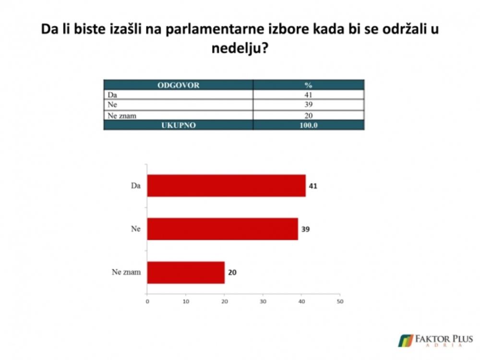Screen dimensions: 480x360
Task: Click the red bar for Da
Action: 227,185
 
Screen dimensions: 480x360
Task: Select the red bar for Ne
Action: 223,229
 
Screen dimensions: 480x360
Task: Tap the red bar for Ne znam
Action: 186,273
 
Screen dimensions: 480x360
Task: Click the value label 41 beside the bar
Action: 313,186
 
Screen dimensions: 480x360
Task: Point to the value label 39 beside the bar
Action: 305,229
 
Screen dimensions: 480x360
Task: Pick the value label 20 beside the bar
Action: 232,273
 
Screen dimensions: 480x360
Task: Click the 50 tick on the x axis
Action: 340,301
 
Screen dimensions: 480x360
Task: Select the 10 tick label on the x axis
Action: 186,301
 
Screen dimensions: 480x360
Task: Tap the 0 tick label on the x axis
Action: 147,301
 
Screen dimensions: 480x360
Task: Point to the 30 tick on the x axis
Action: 263,301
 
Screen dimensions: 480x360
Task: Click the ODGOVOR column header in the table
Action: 179,85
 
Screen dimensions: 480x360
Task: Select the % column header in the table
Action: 308,85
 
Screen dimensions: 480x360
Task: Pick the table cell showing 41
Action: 308,95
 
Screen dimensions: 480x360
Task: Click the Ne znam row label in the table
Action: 122,116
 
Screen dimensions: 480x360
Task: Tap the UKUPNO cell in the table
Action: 179,125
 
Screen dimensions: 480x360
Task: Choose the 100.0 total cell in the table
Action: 308,125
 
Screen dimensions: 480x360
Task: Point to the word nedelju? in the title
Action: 240,48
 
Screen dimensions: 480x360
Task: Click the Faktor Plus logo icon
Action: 406,341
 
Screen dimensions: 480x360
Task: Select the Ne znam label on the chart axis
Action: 126,272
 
